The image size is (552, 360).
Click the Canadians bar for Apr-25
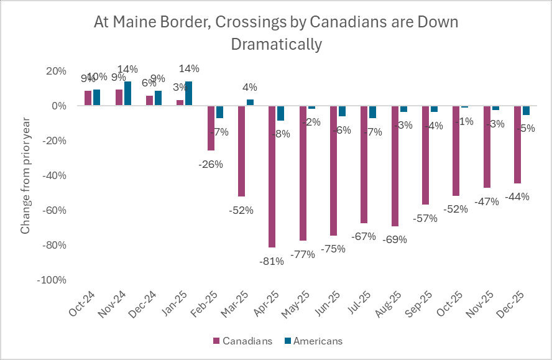click(272, 177)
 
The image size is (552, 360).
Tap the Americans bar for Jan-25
click(188, 93)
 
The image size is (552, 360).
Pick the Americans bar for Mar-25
click(250, 103)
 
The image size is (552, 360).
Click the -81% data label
click(272, 261)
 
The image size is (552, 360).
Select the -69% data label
click(395, 239)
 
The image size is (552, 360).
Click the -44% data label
click(517, 196)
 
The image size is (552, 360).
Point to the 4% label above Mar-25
click(250, 88)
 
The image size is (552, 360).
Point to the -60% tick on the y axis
click(54, 210)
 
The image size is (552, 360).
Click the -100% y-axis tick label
click(52, 280)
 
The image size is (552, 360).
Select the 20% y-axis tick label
click(56, 71)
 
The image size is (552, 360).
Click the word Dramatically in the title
click(276, 44)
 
